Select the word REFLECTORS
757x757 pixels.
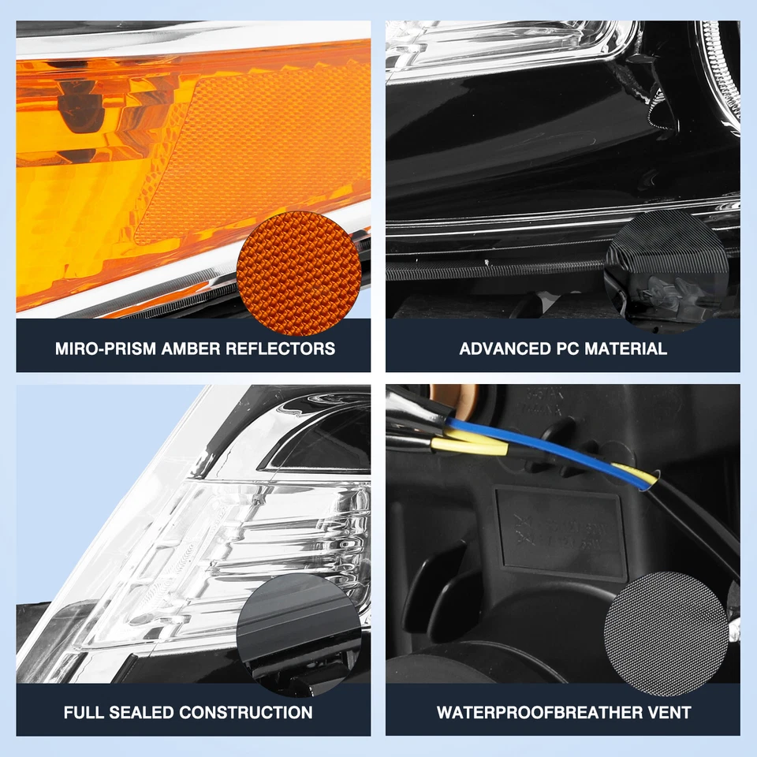pyautogui.click(x=280, y=349)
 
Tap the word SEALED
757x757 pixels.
pyautogui.click(x=143, y=713)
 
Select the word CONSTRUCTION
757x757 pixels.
pyautogui.click(x=246, y=713)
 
